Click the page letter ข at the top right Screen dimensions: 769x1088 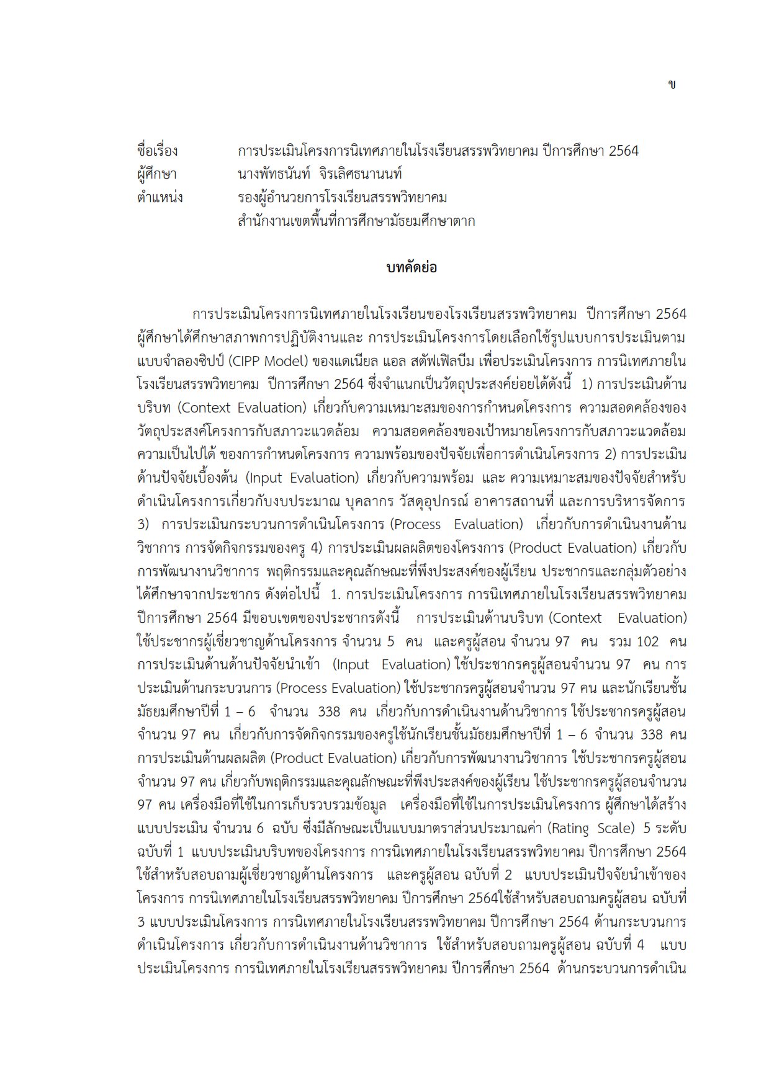pyautogui.click(x=672, y=84)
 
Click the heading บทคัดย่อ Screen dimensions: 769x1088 pyautogui.click(x=411, y=267)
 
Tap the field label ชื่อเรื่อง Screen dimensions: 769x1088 pyautogui.click(x=158, y=151)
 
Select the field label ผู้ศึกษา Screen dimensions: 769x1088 pyautogui.click(x=157, y=174)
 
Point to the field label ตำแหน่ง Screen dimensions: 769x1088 pyautogui.click(x=160, y=198)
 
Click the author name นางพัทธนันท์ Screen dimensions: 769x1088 pyautogui.click(x=274, y=174)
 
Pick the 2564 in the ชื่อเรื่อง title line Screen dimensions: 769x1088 pyautogui.click(x=623, y=151)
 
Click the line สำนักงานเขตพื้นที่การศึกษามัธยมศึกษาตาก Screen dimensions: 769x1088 pyautogui.click(x=356, y=221)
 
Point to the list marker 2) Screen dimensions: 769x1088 pyautogui.click(x=611, y=454)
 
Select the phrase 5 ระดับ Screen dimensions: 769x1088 pyautogui.click(x=664, y=828)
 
